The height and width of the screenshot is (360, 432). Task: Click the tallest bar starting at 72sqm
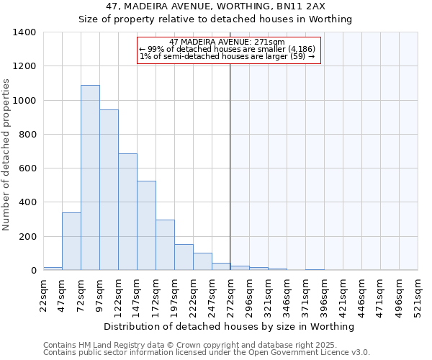(90, 178)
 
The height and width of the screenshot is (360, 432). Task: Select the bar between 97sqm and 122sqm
(109, 190)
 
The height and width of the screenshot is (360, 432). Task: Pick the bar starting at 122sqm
(127, 212)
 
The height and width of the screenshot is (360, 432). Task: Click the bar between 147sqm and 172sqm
(146, 225)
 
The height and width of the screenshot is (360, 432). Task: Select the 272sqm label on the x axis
(230, 295)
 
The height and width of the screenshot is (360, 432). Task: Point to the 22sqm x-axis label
(43, 295)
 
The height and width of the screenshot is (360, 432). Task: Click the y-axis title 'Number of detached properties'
(7, 151)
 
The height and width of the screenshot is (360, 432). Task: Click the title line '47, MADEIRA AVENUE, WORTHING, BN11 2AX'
(215, 6)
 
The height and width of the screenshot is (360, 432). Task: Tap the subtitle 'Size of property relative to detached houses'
(215, 19)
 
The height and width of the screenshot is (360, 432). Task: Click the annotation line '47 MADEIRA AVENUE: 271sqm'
(228, 42)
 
